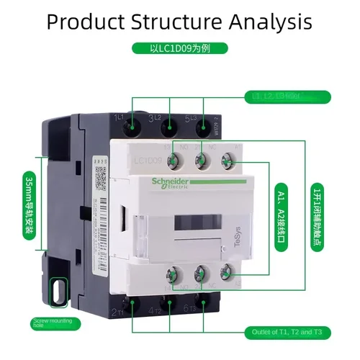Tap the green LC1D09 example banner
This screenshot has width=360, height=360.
click(179, 50)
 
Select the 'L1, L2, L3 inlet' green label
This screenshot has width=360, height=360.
click(278, 96)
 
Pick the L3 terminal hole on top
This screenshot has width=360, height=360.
click(204, 127)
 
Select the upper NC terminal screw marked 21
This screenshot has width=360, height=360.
click(202, 157)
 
